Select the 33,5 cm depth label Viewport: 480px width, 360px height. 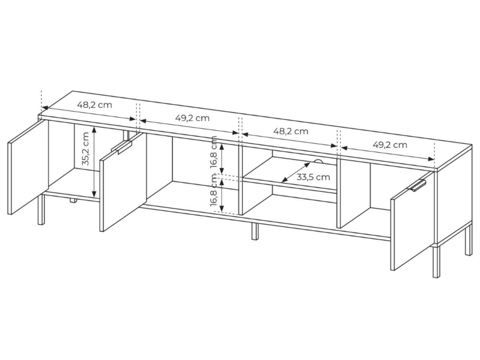[x=313, y=177]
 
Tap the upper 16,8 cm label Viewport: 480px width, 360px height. [x=214, y=152]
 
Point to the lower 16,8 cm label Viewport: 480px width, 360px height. [x=214, y=190]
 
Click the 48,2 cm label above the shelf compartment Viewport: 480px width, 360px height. [x=291, y=131]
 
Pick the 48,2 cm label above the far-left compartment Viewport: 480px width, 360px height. [x=94, y=105]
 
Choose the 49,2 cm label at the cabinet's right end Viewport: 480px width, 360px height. [x=390, y=145]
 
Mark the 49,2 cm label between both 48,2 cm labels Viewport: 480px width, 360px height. [x=192, y=118]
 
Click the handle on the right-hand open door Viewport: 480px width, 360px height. [x=416, y=185]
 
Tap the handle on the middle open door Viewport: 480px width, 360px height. [x=122, y=147]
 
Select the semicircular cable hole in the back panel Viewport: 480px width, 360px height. [x=318, y=161]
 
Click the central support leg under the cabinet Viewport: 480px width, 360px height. [x=255, y=231]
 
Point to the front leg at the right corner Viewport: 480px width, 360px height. [x=436, y=262]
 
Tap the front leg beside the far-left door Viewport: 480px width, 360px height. [x=41, y=209]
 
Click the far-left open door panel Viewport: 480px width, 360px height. [x=28, y=167]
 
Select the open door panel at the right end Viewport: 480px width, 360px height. [x=412, y=221]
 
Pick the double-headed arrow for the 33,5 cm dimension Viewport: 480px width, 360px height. [x=295, y=172]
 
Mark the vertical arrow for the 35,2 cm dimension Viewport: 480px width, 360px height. [x=94, y=162]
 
